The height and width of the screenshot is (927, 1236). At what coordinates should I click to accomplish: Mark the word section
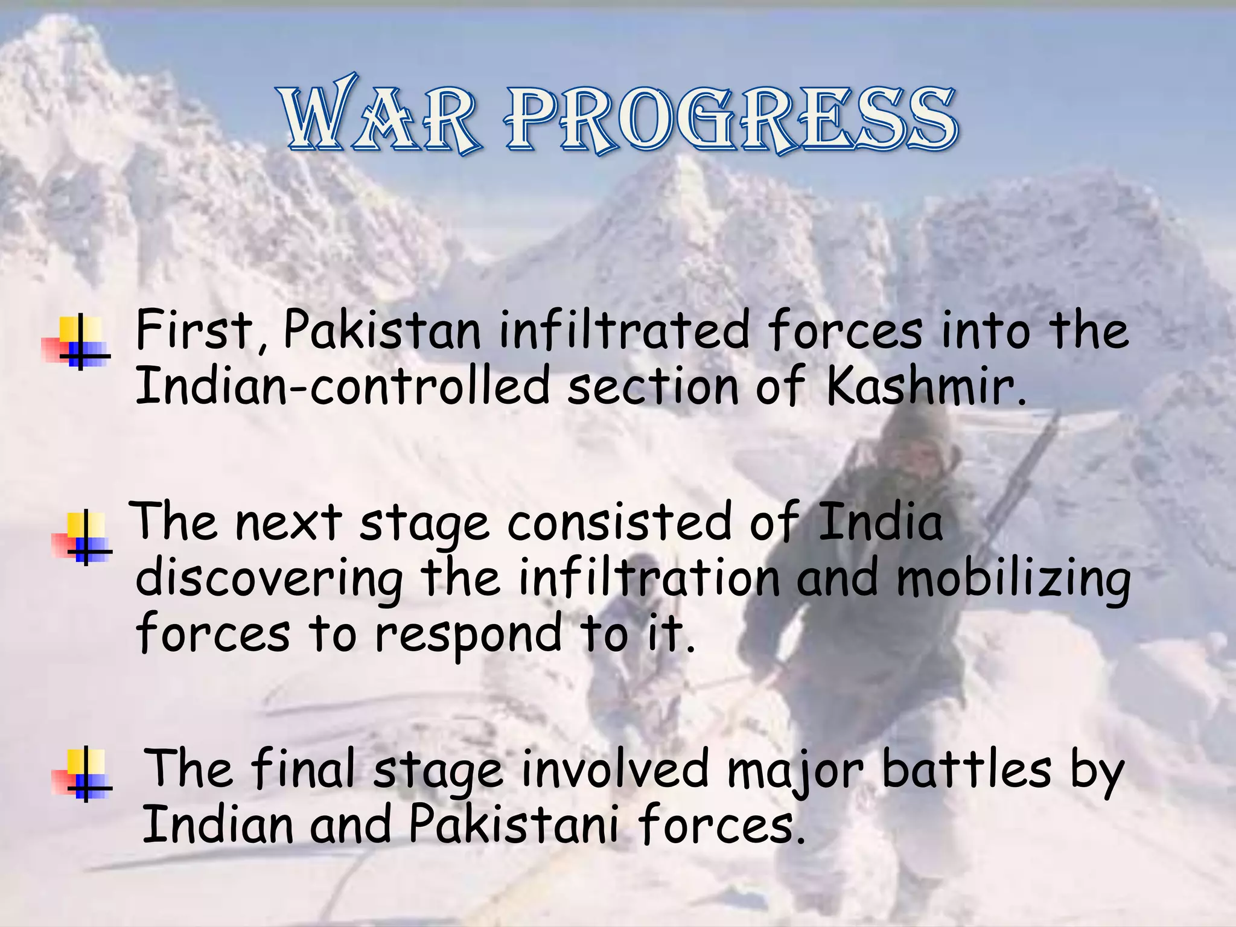652,386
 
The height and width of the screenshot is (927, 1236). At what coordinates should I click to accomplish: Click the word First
194,331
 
